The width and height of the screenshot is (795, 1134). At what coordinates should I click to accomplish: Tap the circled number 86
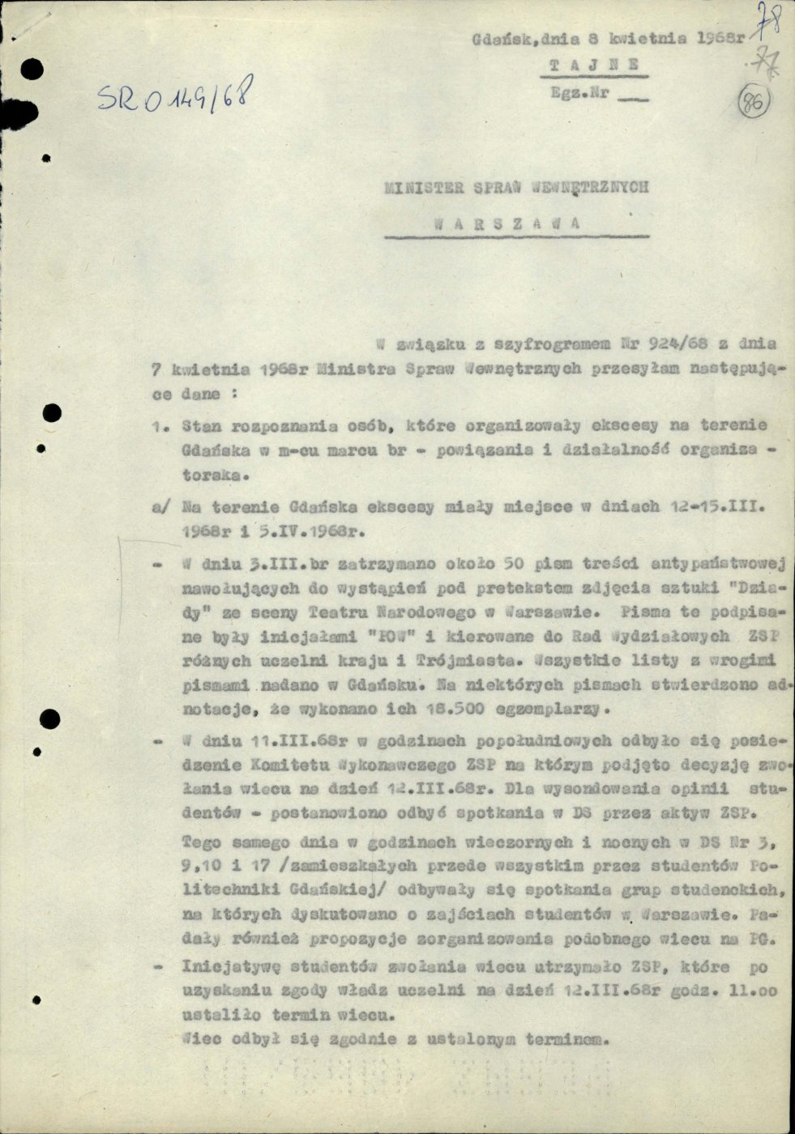point(754,104)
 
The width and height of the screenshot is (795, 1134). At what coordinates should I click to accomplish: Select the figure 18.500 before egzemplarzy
point(449,709)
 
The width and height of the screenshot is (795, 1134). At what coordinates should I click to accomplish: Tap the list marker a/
point(162,506)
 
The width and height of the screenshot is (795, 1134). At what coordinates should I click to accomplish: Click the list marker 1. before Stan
point(160,425)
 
